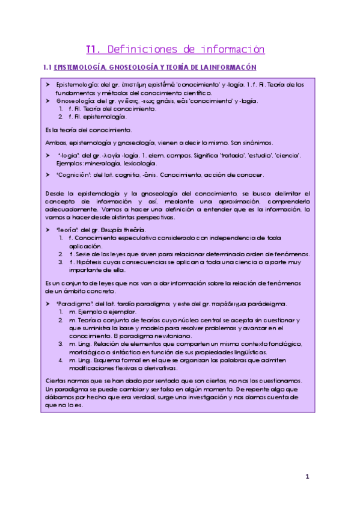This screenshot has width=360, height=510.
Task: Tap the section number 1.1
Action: tap(46, 67)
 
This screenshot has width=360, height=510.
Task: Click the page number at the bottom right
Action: tap(307, 477)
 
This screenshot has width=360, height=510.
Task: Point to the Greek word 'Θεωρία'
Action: tap(109, 230)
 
